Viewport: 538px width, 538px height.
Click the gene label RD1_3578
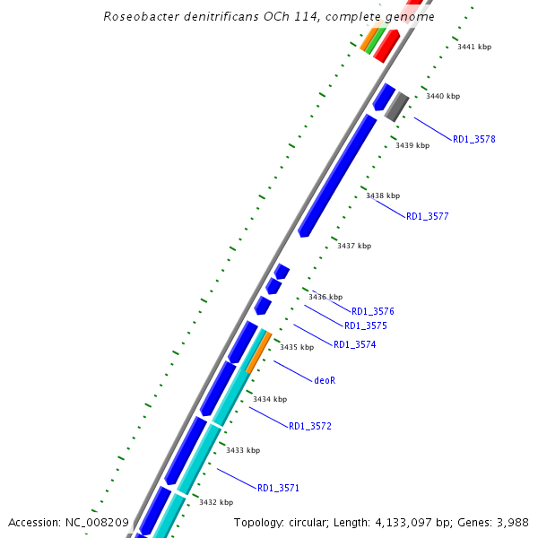473,139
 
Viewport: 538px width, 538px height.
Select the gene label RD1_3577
427,216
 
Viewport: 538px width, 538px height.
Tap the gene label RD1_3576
372,311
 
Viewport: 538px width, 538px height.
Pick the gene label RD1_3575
365,325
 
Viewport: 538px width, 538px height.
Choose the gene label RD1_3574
354,344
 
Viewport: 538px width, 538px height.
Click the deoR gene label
325,379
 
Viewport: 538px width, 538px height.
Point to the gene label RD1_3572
309,426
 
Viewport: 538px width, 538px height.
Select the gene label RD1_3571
278,488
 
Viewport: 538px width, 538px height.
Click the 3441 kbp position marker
474,47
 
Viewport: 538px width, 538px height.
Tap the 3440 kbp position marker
442,96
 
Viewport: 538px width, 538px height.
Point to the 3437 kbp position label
353,245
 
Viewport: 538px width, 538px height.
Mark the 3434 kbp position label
269,399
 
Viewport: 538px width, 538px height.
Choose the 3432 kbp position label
215,502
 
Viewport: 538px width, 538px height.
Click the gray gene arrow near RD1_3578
396,107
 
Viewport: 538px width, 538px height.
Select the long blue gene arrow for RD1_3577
337,175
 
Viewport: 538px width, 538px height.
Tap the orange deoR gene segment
258,352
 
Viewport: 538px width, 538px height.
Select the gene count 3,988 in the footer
514,522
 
